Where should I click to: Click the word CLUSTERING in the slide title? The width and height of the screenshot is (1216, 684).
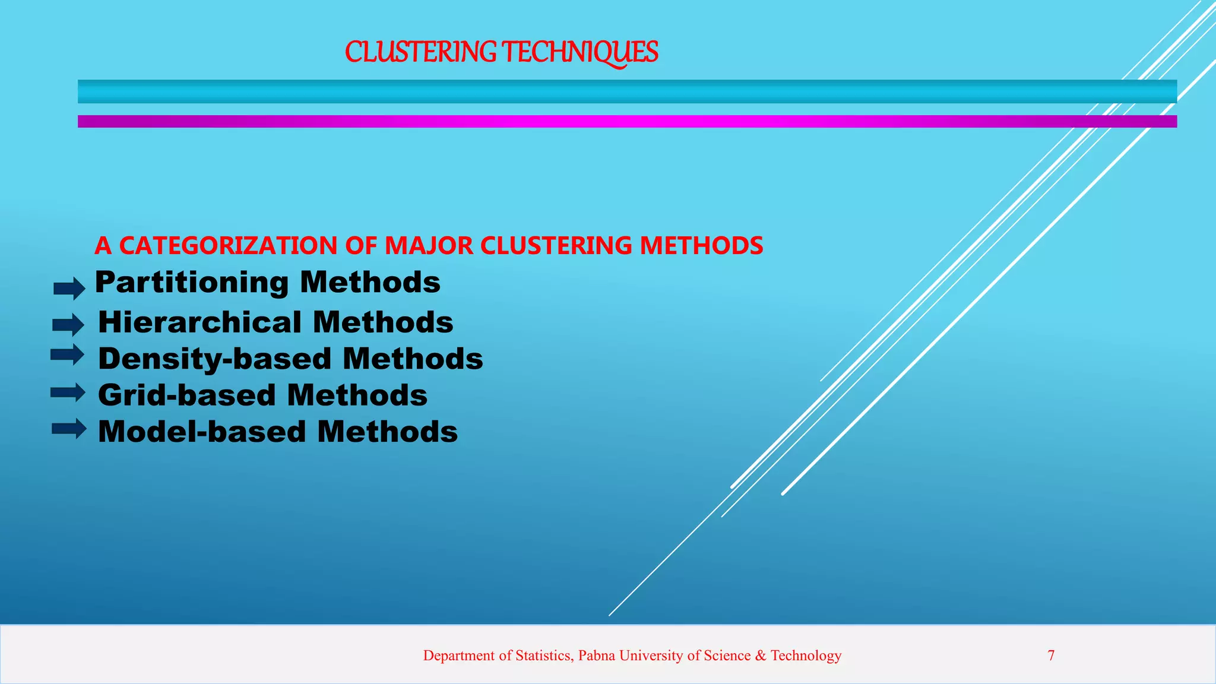(420, 52)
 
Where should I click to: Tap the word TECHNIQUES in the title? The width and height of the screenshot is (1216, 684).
(580, 52)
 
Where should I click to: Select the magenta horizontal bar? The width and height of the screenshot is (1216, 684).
(627, 121)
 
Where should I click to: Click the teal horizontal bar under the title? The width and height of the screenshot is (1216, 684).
(627, 91)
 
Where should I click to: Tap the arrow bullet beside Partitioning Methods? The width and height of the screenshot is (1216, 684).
(69, 289)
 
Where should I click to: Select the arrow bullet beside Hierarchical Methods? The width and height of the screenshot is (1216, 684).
(68, 325)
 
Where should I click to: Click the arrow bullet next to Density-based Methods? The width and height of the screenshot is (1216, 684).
(68, 355)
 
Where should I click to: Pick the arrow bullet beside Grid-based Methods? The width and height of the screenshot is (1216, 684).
(68, 392)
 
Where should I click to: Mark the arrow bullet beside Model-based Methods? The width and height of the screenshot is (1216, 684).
(69, 429)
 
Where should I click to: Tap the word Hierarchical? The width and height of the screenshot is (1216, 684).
(200, 322)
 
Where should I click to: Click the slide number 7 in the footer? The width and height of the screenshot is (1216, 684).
(1051, 655)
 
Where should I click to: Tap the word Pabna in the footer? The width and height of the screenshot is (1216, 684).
(597, 655)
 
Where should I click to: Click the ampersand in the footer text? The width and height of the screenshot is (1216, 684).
(761, 655)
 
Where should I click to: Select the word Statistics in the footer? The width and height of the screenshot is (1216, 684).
(543, 655)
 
